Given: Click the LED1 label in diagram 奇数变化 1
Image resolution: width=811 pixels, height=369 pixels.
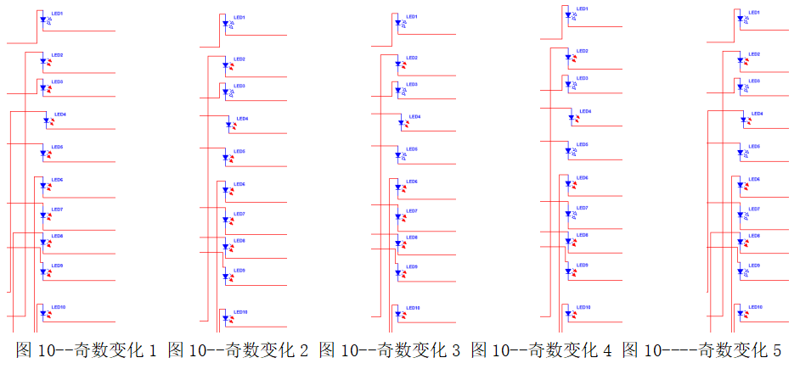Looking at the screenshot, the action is [57, 13].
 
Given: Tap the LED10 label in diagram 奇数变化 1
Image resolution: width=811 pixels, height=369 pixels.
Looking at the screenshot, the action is [59, 306].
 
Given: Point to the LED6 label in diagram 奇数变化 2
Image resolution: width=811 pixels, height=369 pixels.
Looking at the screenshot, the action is [239, 184].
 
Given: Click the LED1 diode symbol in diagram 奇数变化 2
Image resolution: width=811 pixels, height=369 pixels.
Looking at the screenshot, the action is [226, 24].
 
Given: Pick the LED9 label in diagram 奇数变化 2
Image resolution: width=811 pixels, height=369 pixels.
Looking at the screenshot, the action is [239, 271].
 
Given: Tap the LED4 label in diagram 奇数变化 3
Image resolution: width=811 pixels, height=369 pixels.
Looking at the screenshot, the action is [414, 116].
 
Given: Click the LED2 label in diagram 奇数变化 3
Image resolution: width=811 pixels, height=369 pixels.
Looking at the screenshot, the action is [411, 58].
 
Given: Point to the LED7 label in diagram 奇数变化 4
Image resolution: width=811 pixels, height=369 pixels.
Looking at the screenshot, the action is [583, 208].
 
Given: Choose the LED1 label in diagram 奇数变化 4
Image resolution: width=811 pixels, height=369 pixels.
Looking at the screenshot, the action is [583, 8].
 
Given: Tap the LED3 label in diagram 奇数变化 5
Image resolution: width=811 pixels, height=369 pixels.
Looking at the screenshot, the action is [754, 81].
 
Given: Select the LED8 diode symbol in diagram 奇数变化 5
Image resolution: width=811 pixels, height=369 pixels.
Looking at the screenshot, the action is [741, 243].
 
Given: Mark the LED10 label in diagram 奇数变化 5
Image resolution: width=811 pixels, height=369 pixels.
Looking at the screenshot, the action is [755, 306].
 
